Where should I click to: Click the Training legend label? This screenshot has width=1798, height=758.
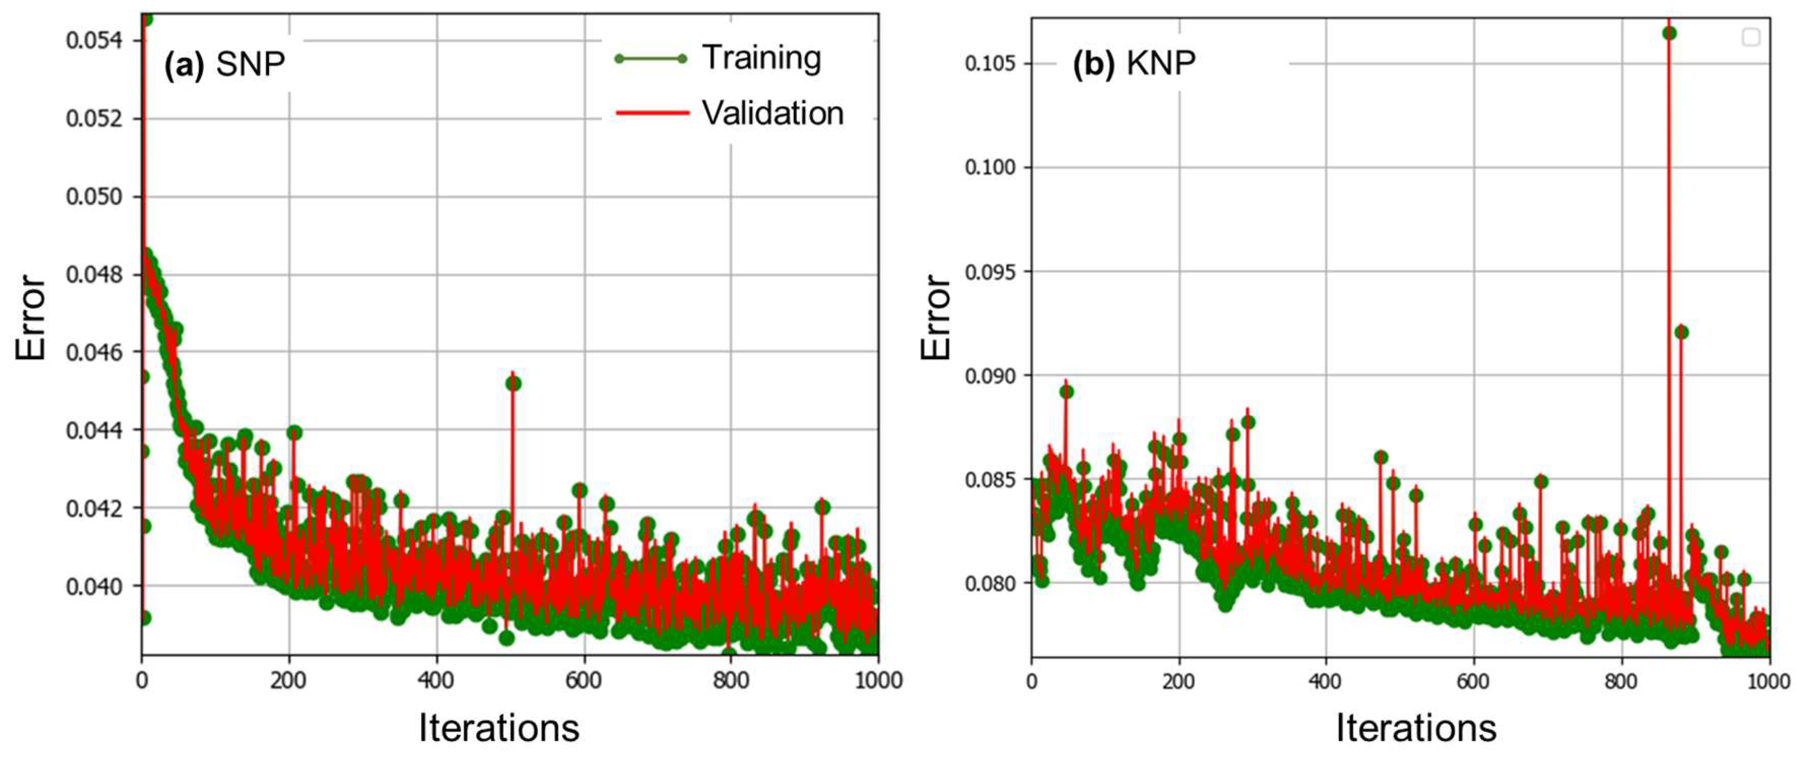[x=762, y=58]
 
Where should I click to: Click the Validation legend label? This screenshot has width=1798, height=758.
[x=773, y=113]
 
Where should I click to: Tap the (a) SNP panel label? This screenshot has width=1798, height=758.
[x=225, y=64]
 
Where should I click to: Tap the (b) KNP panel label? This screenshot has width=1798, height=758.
[x=1134, y=63]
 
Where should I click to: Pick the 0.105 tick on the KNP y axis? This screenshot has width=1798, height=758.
[x=990, y=63]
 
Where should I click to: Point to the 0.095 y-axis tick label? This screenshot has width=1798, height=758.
[x=990, y=272]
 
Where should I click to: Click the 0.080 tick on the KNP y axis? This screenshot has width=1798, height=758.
[x=990, y=583]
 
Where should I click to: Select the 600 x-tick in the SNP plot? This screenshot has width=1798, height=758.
[x=584, y=680]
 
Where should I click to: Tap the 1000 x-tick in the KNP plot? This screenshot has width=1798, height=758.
[x=1769, y=681]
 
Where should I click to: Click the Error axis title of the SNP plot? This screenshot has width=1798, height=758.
[x=31, y=318]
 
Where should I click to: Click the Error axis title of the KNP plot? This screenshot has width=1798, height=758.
[x=935, y=318]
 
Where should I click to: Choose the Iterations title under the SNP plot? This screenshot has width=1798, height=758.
[x=499, y=728]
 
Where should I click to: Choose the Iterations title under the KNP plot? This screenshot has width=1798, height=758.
[x=1416, y=728]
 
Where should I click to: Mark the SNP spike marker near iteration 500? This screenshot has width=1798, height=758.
[x=513, y=383]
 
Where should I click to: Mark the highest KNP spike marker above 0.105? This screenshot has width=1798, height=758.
[x=1669, y=33]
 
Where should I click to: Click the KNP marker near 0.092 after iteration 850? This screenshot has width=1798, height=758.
[x=1681, y=332]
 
